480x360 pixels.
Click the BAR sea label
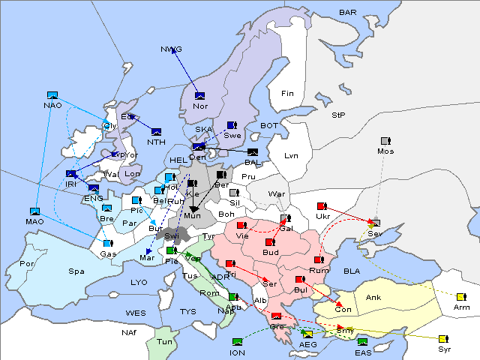pyautogui.click(x=347, y=13)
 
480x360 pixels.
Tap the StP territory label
pyautogui.click(x=338, y=115)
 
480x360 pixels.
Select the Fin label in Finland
pyautogui.click(x=286, y=94)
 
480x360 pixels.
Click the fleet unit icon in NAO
pyautogui.click(x=52, y=95)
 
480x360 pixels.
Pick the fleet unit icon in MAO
pyautogui.click(x=35, y=212)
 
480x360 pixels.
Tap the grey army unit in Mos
pyautogui.click(x=385, y=141)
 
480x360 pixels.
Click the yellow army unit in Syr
pyautogui.click(x=443, y=339)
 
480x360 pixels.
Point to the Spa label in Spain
pyautogui.click(x=76, y=271)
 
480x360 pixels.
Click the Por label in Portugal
pyautogui.click(x=27, y=264)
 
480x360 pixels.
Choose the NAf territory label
pyautogui.click(x=109, y=331)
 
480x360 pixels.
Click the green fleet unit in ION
pyautogui.click(x=238, y=342)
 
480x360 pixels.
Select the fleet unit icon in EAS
pyautogui.click(x=362, y=342)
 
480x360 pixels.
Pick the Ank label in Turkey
pyautogui.click(x=373, y=297)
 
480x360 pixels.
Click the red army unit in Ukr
pyautogui.click(x=322, y=206)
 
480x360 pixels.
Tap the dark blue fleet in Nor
pyautogui.click(x=199, y=96)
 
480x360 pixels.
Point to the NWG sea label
pyautogui.click(x=171, y=49)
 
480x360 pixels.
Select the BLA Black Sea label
pyautogui.click(x=352, y=271)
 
